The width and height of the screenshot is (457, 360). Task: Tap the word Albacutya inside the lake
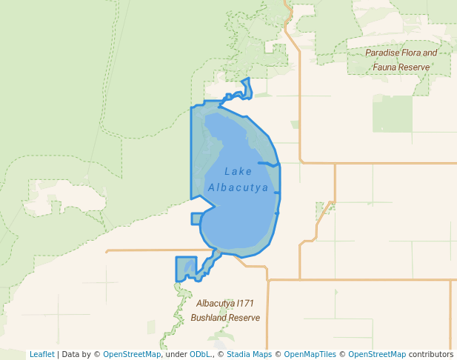(x=238, y=188)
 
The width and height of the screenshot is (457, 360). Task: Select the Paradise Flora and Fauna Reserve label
(x=401, y=60)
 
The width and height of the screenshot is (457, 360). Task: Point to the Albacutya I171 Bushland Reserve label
(x=225, y=310)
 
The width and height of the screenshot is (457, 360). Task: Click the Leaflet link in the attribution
(x=41, y=354)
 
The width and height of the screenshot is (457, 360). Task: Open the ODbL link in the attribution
(x=200, y=354)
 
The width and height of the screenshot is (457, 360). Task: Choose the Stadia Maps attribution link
(x=251, y=354)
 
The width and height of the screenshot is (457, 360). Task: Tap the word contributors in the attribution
(x=430, y=354)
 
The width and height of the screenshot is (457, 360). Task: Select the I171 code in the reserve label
(x=244, y=304)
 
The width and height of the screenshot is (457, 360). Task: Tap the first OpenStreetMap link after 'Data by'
(x=131, y=354)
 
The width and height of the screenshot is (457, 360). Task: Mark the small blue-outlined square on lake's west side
(x=196, y=219)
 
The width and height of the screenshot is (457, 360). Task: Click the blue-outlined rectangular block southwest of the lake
(x=186, y=268)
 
